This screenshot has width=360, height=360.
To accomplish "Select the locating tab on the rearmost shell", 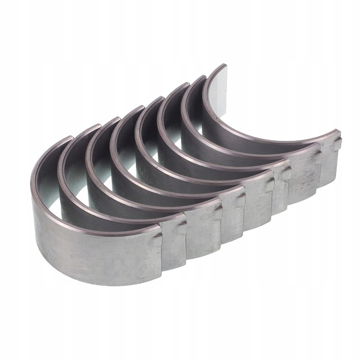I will point(336,143).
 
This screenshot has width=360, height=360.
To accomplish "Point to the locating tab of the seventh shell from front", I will point(318,155).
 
